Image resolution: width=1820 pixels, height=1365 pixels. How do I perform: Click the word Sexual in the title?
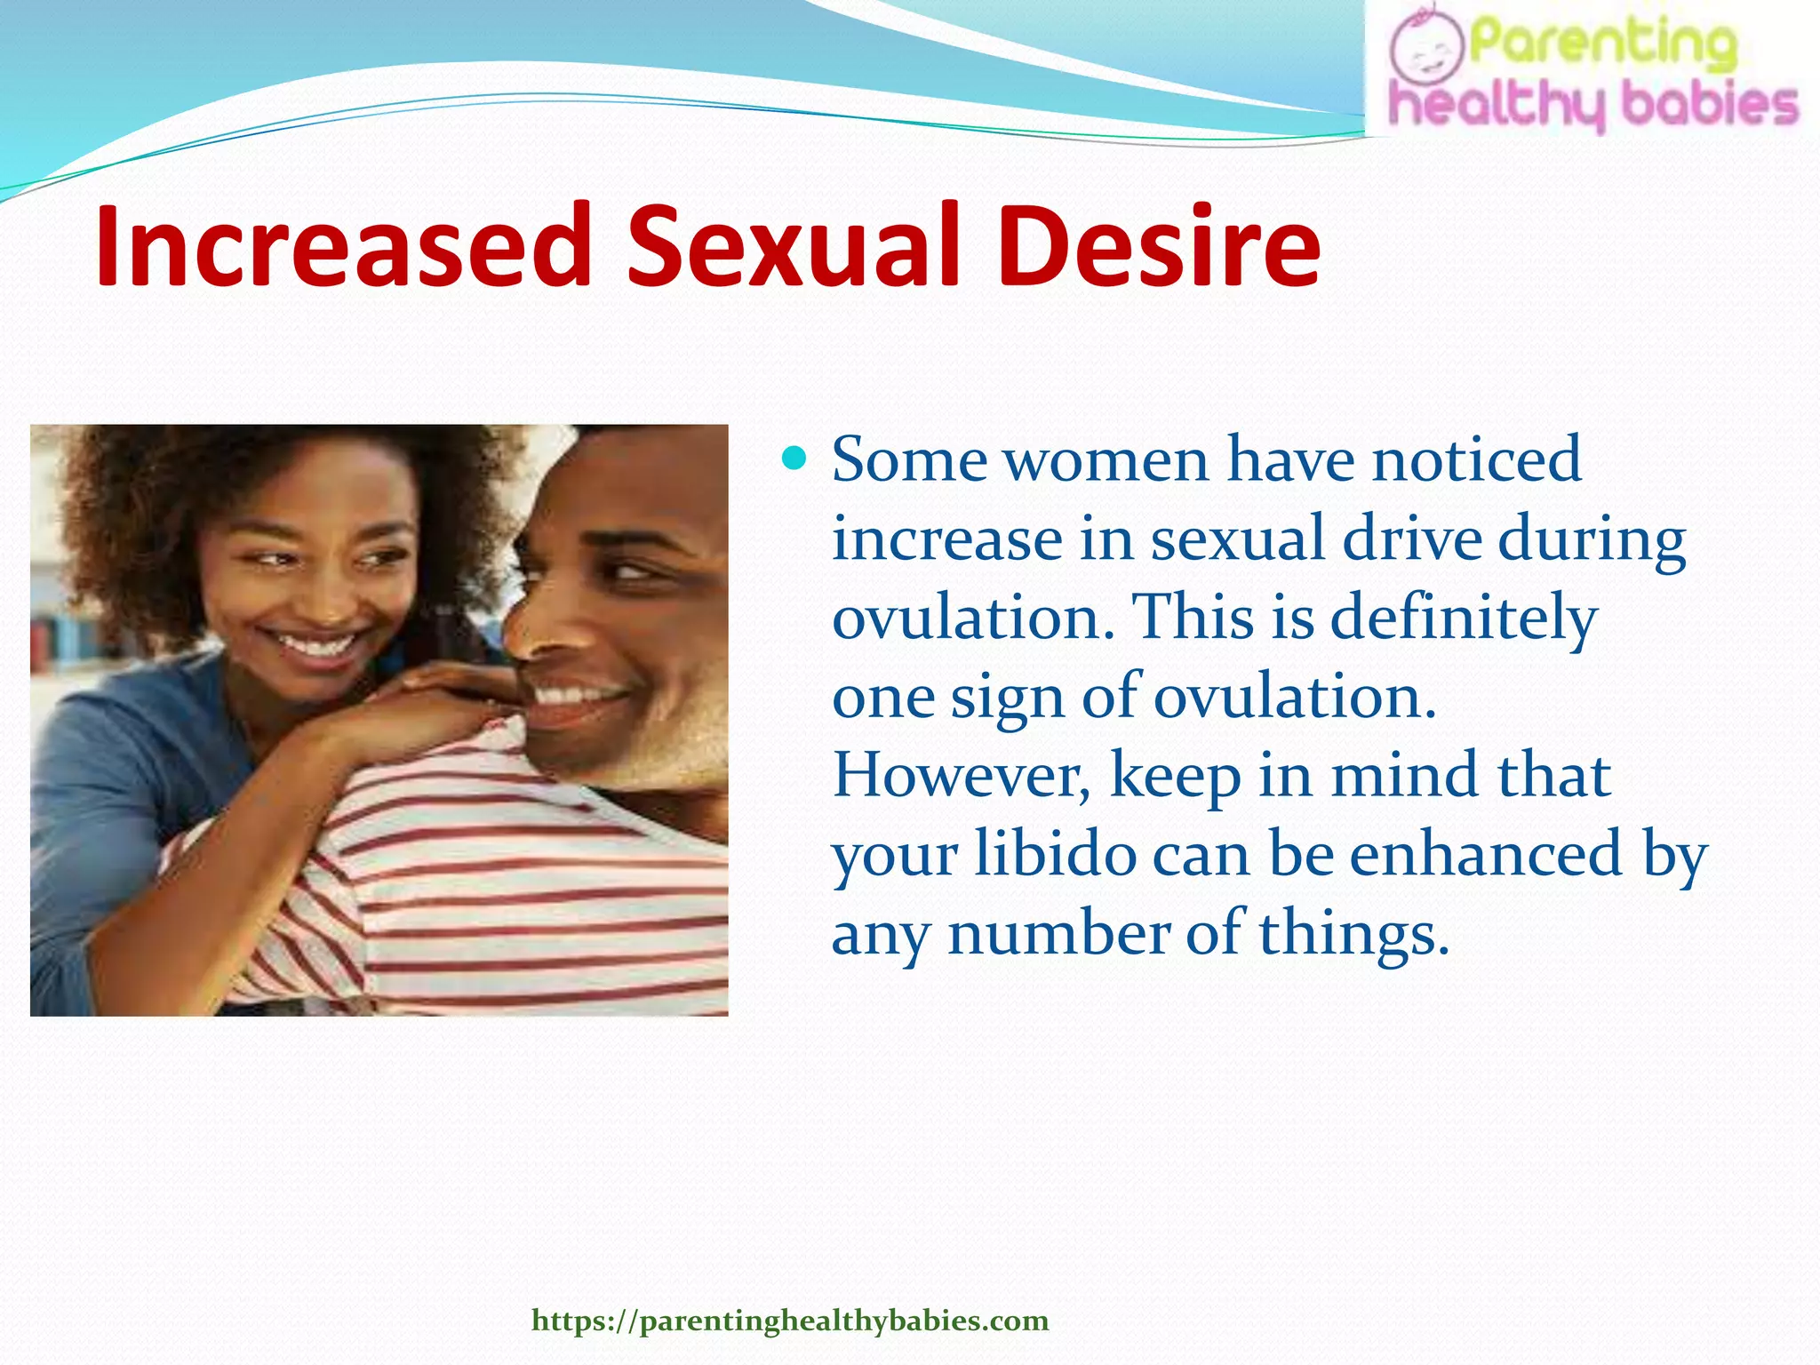click(x=794, y=246)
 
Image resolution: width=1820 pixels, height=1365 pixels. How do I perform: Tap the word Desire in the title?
click(x=1158, y=246)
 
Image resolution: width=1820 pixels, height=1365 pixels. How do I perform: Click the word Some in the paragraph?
click(x=908, y=460)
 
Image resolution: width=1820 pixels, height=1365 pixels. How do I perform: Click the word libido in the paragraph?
click(x=1055, y=854)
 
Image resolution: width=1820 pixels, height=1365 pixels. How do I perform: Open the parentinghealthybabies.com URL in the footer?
click(x=790, y=1321)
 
